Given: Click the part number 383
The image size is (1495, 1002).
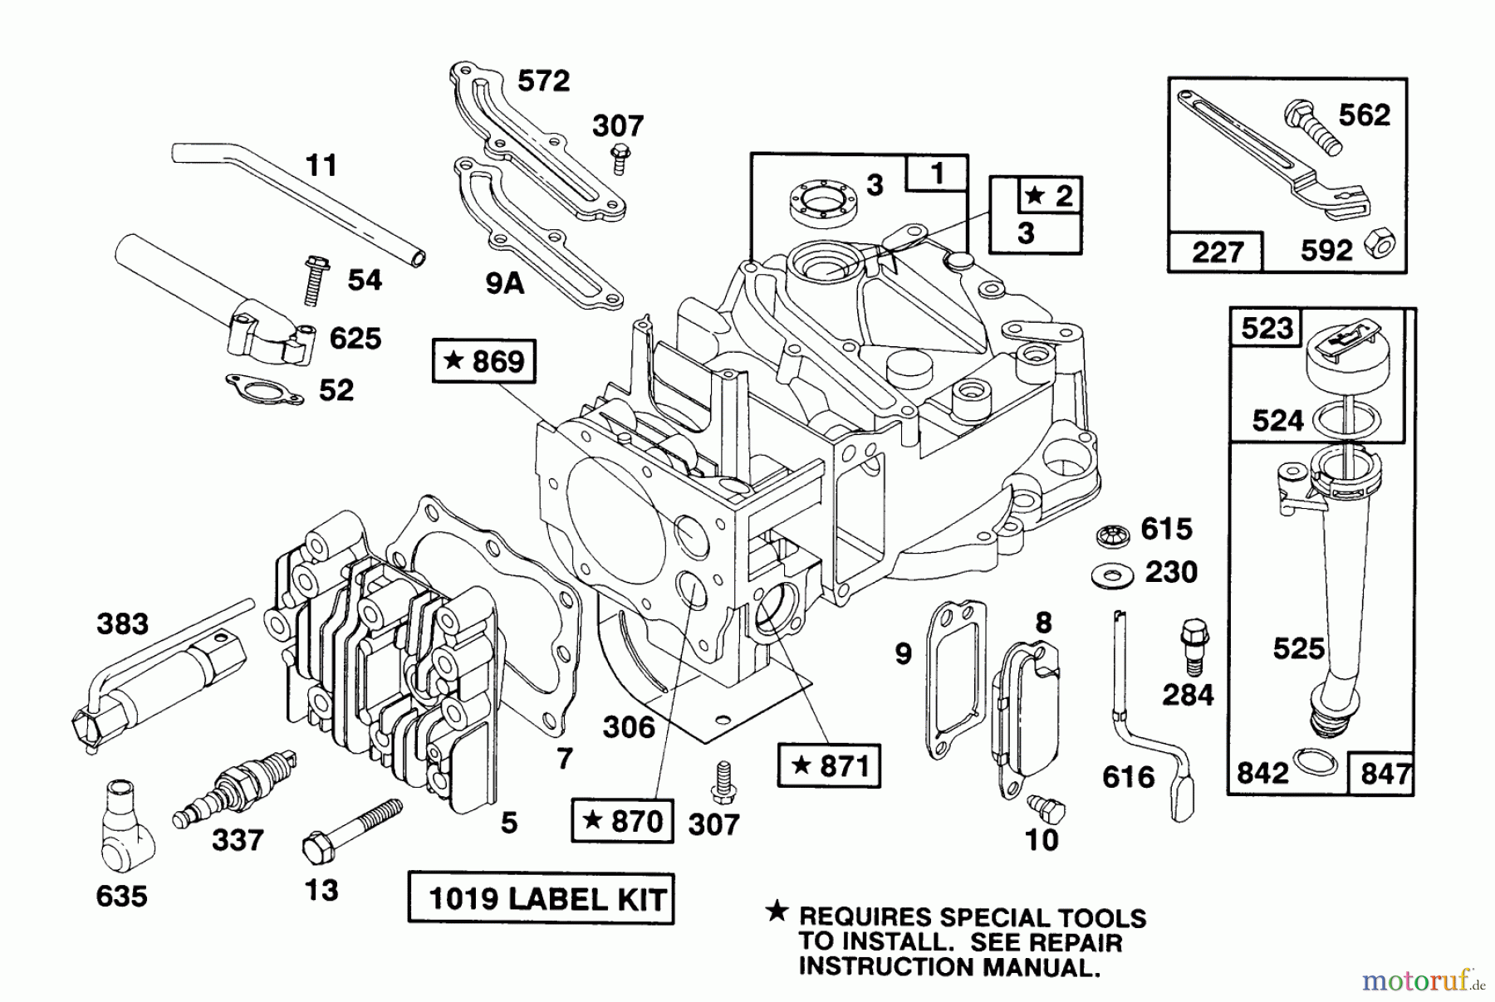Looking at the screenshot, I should click(x=122, y=623).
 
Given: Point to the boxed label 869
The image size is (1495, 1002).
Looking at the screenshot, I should click(x=484, y=361).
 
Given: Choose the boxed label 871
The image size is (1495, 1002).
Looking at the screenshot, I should click(x=829, y=765).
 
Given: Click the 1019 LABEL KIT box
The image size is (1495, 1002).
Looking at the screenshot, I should click(x=541, y=898).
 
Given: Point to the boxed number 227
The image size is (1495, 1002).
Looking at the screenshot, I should click(x=1217, y=252).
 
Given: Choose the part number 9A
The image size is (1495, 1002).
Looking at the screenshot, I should click(x=504, y=284).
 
